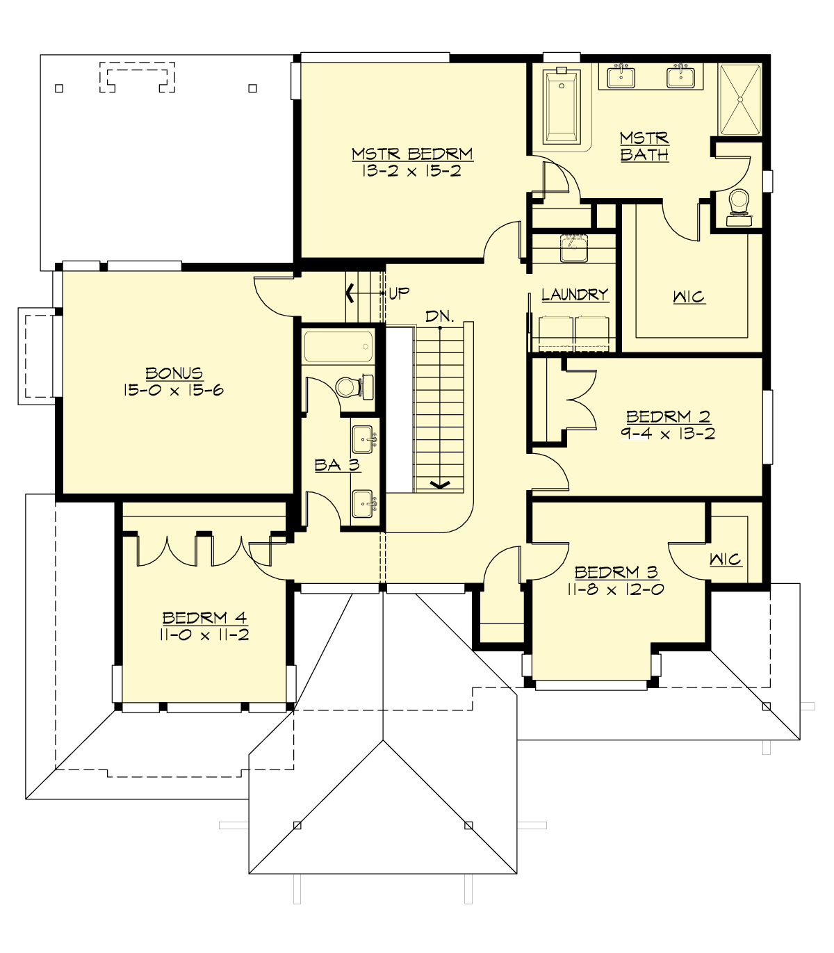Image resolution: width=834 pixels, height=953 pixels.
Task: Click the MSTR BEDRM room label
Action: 411,154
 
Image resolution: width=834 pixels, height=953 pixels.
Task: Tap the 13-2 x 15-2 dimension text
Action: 411,171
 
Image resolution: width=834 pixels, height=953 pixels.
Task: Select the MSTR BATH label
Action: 644,147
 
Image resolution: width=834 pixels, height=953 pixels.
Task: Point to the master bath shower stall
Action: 740,99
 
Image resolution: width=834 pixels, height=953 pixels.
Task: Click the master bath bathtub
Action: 562,106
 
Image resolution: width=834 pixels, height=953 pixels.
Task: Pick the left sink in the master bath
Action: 620,76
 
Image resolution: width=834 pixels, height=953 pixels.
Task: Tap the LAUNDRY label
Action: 575,295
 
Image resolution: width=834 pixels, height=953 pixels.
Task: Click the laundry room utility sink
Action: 574,247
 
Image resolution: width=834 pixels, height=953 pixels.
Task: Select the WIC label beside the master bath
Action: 689,298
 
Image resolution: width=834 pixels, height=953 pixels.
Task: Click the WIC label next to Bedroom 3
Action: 725,560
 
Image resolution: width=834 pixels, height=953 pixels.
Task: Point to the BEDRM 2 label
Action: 668,416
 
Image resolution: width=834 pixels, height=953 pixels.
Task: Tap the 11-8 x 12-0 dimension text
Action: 616,590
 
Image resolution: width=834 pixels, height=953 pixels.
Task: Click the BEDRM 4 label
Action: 204,617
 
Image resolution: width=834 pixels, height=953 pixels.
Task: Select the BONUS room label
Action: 174,373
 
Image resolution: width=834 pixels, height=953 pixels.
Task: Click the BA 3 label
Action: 337,465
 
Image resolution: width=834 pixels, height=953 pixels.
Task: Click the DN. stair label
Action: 440,317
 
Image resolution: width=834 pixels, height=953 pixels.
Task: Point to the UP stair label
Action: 399,293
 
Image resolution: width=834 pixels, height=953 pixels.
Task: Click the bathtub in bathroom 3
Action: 338,346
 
